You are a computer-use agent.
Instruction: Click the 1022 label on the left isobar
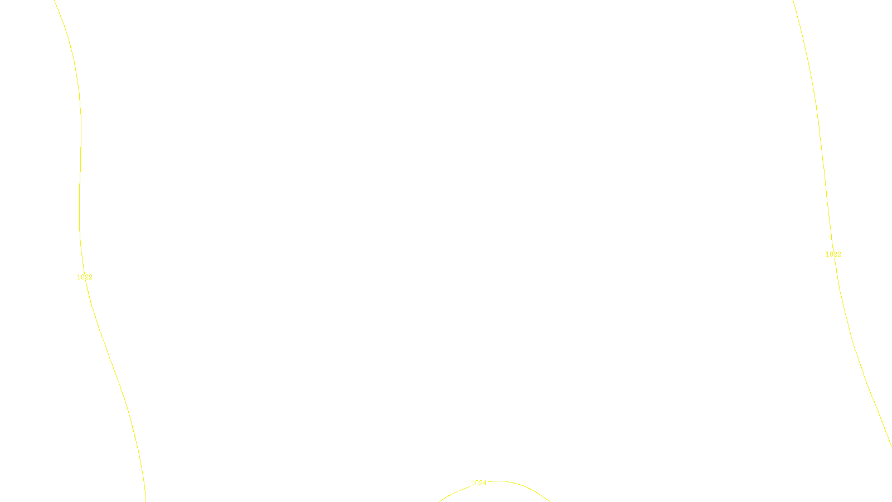coord(85,277)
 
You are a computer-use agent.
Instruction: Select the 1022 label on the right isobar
coord(833,254)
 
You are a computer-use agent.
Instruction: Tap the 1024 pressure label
coord(478,483)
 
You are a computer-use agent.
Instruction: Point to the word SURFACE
coord(446,493)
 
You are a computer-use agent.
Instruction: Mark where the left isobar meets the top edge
coord(55,1)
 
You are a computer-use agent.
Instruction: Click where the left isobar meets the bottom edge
coord(146,501)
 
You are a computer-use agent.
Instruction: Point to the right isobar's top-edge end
coord(793,1)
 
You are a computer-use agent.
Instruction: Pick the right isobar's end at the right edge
coord(891,445)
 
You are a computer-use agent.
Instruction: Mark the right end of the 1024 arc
coord(550,501)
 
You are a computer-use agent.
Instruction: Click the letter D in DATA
coord(466,493)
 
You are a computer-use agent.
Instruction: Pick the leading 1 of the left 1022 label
coord(79,277)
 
